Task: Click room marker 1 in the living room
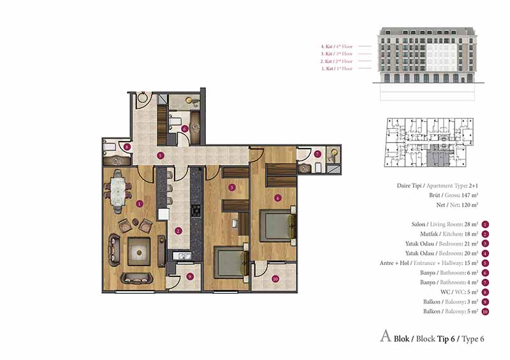[x=140, y=204]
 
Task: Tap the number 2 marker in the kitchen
[x=178, y=231]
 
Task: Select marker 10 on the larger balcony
[x=275, y=278]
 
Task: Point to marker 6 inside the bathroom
[x=185, y=129]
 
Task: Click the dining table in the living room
[x=118, y=191]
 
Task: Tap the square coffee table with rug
[x=139, y=252]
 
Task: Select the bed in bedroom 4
[x=277, y=226]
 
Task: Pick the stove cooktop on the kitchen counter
[x=196, y=211]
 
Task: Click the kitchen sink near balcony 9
[x=182, y=256]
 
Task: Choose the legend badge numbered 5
[x=485, y=263]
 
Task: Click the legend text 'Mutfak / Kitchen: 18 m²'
[x=449, y=234]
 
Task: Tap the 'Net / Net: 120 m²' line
[x=457, y=205]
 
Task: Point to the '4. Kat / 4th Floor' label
[x=337, y=47]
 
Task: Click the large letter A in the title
[x=386, y=336]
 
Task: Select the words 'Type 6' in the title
[x=473, y=339]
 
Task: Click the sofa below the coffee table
[x=136, y=278]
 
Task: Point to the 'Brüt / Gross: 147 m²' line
[x=453, y=195]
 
